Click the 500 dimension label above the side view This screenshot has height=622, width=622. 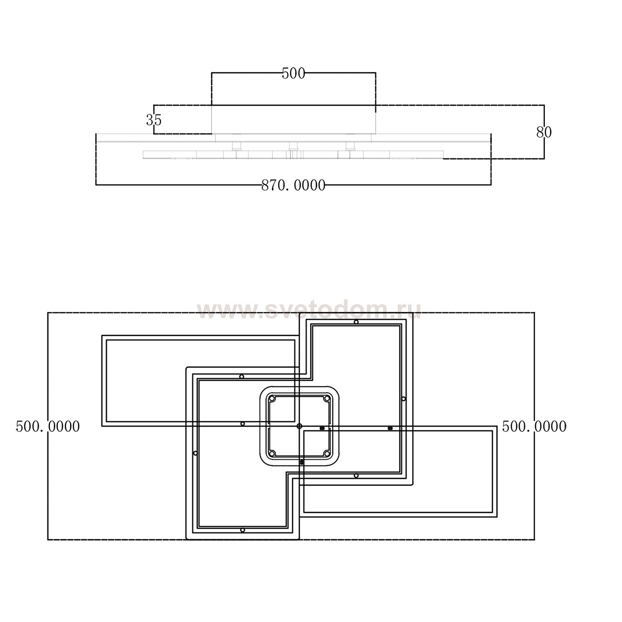[293, 74]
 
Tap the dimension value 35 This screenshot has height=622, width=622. [154, 120]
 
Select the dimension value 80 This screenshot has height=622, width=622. [544, 132]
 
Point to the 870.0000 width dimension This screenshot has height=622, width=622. [293, 186]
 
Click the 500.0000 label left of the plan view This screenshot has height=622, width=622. [48, 426]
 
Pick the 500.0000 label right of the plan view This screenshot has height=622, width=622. [534, 426]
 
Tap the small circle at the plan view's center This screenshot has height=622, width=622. [299, 426]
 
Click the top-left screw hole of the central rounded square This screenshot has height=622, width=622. [272, 399]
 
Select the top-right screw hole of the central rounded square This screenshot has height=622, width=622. [327, 399]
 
